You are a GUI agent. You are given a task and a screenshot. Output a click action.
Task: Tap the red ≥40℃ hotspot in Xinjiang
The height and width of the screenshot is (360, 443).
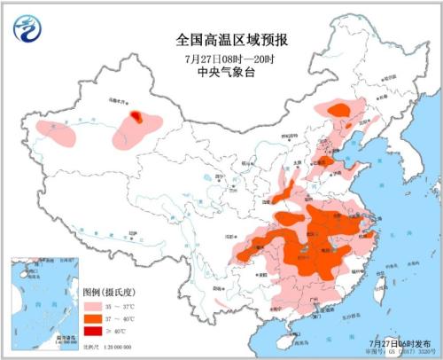click(136, 115)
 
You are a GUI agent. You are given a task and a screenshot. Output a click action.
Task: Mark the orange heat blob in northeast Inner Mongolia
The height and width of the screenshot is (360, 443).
click(338, 109)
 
